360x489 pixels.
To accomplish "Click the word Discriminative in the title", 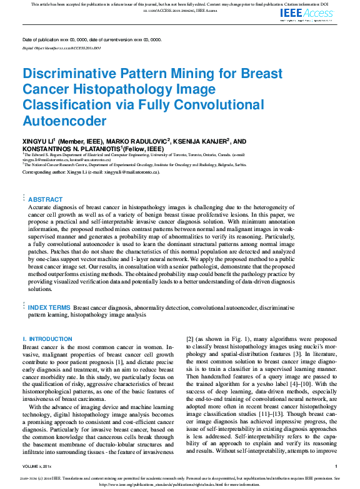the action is point(70,74).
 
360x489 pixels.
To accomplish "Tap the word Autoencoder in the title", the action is point(64,121).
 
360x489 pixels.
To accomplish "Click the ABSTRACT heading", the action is point(46,199).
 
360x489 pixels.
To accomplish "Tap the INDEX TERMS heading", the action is point(49,307).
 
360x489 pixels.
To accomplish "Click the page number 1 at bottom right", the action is point(336,466).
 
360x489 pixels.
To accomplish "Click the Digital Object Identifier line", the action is point(61,47).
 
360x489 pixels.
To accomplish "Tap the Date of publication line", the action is point(91,39).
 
